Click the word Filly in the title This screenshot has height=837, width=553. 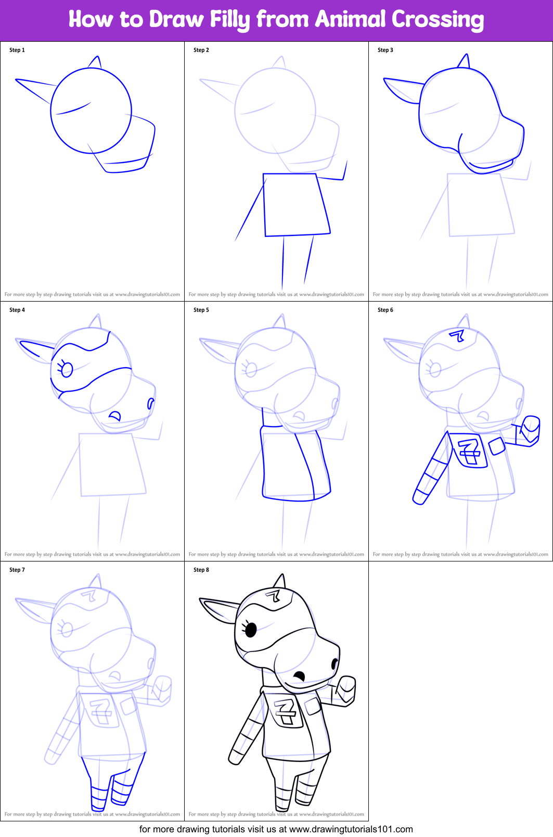point(229,20)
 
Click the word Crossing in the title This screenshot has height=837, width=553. point(438,20)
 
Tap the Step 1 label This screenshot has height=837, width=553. point(17,50)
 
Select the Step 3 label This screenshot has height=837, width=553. point(385,50)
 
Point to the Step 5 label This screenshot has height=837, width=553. point(201,310)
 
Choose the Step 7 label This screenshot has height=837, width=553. point(17,570)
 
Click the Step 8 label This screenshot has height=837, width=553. point(201,570)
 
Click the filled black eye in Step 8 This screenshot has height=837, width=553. point(251,630)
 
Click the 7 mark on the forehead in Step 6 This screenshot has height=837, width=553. point(458,335)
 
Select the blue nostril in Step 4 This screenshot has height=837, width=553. point(151,403)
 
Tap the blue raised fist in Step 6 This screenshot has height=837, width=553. point(530,430)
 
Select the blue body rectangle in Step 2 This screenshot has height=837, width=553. point(296,205)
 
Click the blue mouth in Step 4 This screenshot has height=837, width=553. point(114,416)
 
